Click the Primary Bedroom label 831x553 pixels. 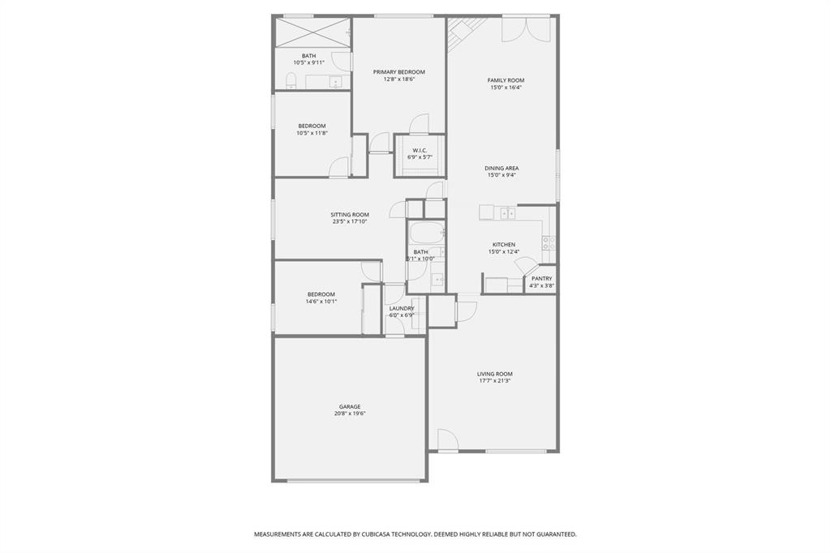(398, 72)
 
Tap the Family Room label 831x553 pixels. (506, 80)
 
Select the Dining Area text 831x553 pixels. (502, 168)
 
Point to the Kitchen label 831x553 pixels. (503, 245)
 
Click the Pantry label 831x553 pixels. (541, 278)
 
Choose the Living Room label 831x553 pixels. (494, 374)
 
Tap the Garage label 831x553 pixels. (350, 406)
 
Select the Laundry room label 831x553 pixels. (402, 308)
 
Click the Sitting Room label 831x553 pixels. (350, 215)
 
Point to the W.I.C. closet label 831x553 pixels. (420, 150)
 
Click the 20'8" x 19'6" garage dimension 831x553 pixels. (350, 414)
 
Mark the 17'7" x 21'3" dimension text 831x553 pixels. (494, 381)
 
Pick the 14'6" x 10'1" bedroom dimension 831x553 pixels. (321, 301)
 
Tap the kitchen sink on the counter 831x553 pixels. (506, 213)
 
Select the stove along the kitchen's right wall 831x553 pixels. (549, 242)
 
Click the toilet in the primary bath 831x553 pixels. (291, 80)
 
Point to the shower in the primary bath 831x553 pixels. (312, 34)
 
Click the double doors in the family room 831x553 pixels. (526, 29)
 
